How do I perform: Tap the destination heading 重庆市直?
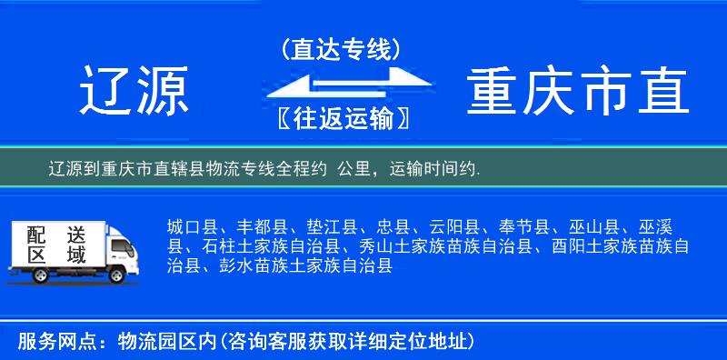[x=579, y=92]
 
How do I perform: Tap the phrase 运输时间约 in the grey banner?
[x=433, y=168]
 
